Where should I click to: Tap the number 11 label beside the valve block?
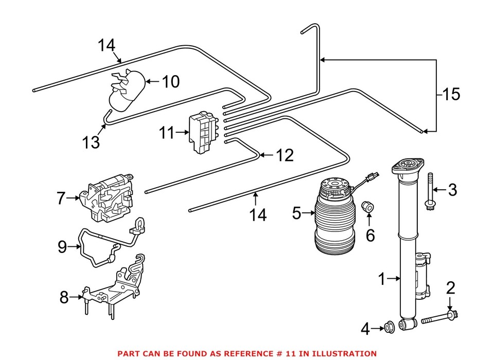point(166,133)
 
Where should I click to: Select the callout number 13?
point(91,142)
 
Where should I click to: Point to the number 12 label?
point(285,155)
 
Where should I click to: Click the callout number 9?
point(62,247)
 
